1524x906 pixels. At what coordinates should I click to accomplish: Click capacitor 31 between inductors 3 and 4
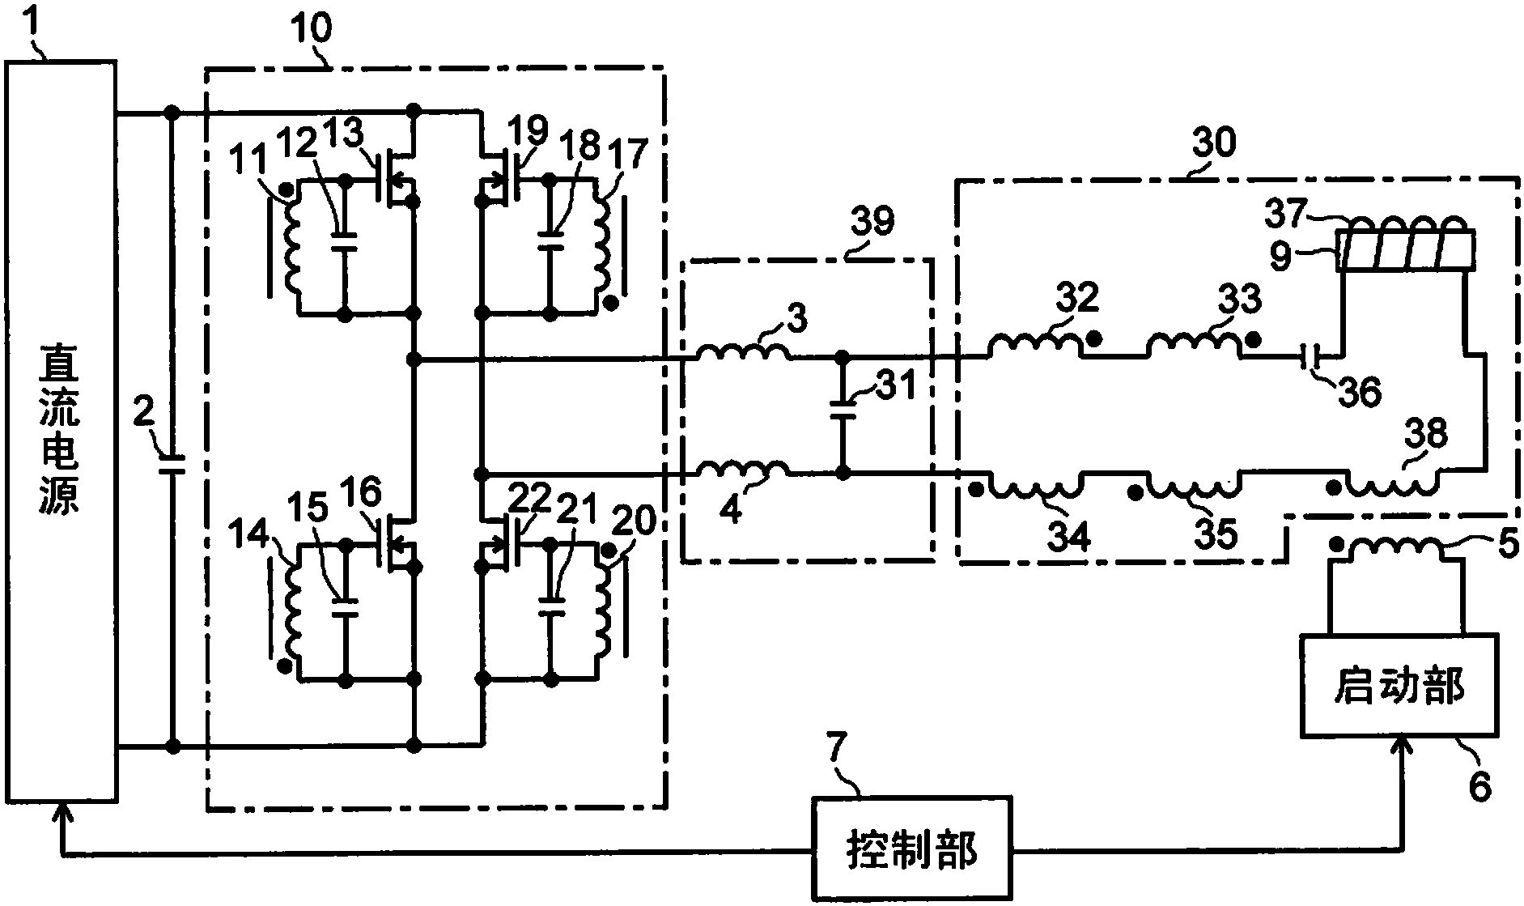point(843,409)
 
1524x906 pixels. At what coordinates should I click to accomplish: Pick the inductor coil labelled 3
point(741,352)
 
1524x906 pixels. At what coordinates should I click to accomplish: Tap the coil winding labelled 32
point(1034,347)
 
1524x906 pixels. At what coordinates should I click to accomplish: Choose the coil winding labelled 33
point(1192,347)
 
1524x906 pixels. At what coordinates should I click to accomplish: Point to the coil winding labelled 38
point(1391,484)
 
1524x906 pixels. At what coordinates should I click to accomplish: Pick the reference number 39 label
point(872,222)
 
